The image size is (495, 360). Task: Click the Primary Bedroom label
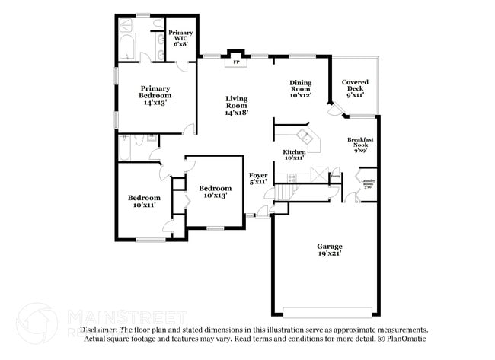tap(155, 95)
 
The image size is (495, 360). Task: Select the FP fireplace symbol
tap(236, 62)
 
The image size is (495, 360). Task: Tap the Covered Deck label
tap(355, 88)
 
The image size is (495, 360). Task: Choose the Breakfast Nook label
tap(359, 145)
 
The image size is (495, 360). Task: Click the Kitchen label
tap(295, 155)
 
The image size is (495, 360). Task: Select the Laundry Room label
tap(368, 183)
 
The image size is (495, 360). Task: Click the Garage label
tap(330, 249)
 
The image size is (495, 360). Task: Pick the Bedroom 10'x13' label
tap(215, 191)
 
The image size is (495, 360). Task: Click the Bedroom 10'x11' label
tap(144, 201)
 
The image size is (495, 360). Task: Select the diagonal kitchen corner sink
tap(305, 137)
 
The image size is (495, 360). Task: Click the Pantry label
tap(335, 176)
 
